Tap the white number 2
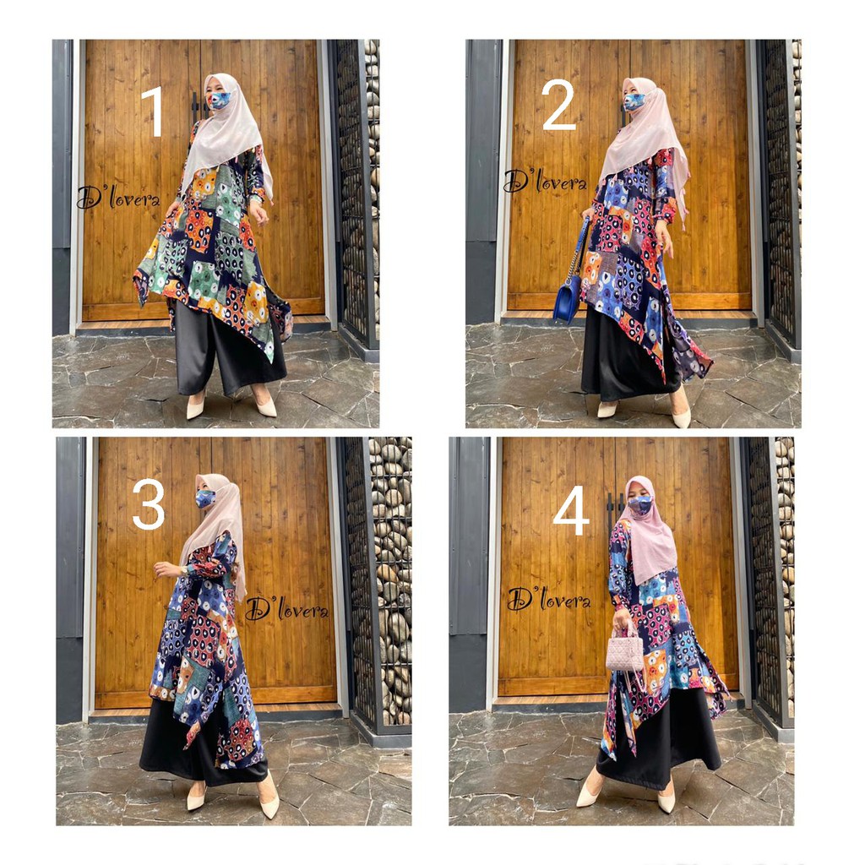tap(559, 105)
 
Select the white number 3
tap(149, 503)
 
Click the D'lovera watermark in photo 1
tap(118, 197)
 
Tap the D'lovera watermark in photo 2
tap(545, 181)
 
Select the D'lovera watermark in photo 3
tap(286, 608)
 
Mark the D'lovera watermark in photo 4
tap(549, 599)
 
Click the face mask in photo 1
tap(219, 100)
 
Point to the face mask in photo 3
tap(205, 498)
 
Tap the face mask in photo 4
tap(640, 504)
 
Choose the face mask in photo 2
tap(634, 101)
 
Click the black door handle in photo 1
tap(195, 106)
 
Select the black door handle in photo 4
tap(610, 508)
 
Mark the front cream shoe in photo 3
tap(269, 799)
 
